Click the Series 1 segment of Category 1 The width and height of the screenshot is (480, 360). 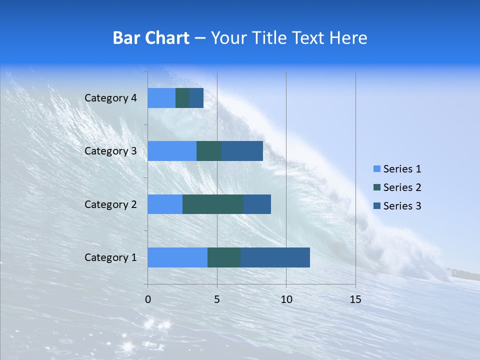click(x=177, y=257)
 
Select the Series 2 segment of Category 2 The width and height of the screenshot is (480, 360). click(x=213, y=204)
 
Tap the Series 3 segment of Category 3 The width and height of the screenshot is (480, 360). click(x=242, y=151)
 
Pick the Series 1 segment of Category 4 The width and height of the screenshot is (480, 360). click(x=161, y=98)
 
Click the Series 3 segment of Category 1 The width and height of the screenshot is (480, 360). click(x=275, y=257)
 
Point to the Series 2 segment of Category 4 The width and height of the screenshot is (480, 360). click(x=182, y=98)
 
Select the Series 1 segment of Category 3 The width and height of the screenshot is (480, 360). click(x=172, y=151)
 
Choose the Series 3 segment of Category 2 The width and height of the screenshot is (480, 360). click(x=257, y=204)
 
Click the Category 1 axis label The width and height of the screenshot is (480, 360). click(x=110, y=257)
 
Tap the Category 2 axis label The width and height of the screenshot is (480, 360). click(x=110, y=204)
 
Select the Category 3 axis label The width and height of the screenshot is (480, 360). click(x=110, y=151)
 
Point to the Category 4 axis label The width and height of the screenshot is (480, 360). click(x=110, y=98)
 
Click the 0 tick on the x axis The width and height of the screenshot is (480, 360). click(x=148, y=299)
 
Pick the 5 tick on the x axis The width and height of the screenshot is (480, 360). click(x=217, y=299)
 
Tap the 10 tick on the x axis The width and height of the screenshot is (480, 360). click(x=286, y=299)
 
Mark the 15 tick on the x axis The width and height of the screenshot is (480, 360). click(x=355, y=299)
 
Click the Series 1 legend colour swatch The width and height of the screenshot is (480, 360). click(x=376, y=169)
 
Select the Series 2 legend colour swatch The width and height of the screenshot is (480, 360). click(x=376, y=187)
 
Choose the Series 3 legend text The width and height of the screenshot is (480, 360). click(x=402, y=206)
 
